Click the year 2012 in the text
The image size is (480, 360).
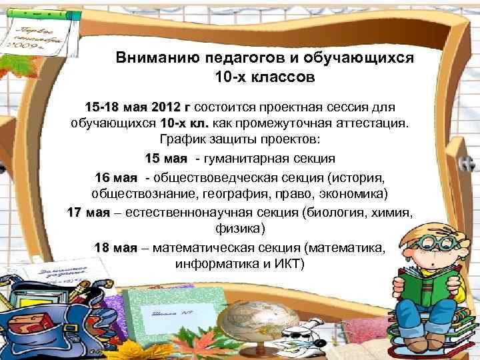coord(166,107)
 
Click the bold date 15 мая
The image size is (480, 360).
coord(166,159)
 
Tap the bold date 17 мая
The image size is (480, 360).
coord(88,212)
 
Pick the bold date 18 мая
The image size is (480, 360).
coord(115,247)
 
